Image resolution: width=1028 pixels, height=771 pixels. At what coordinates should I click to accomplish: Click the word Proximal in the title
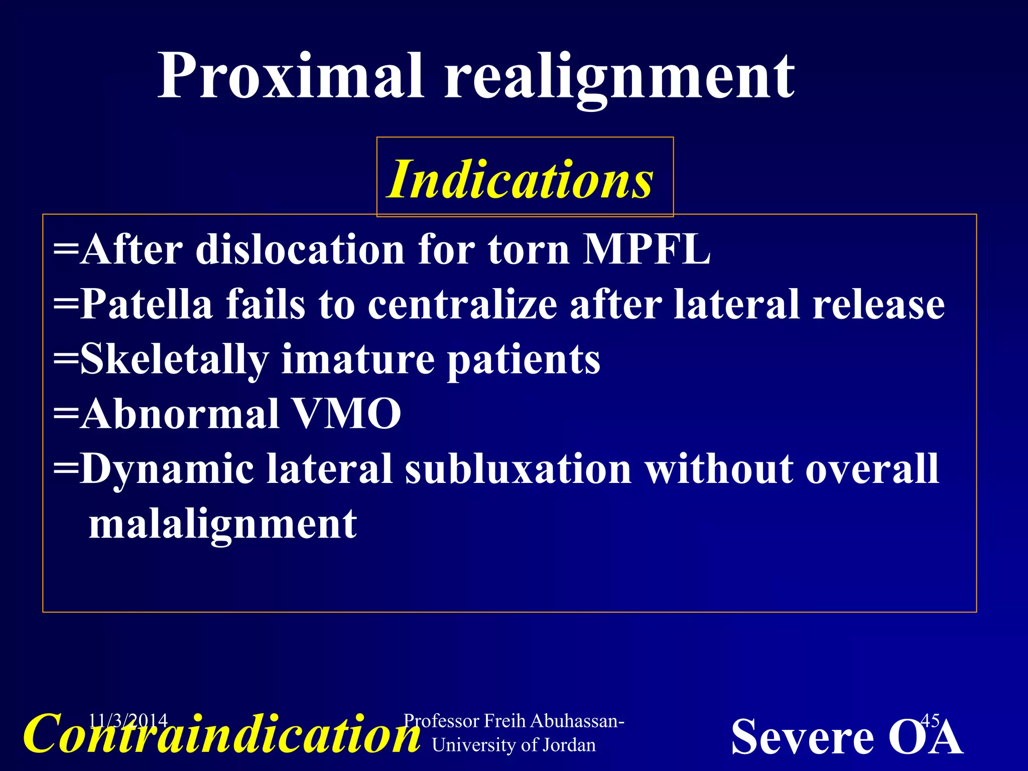tap(291, 76)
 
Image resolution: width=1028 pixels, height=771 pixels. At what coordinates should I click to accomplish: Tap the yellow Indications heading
tap(520, 180)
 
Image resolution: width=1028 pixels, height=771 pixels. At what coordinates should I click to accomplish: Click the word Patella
tap(146, 304)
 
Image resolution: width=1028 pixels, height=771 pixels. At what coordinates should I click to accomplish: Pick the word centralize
tap(462, 304)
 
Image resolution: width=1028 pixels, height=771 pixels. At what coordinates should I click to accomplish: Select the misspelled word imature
tap(357, 359)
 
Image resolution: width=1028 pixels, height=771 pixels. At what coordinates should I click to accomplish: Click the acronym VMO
tap(346, 414)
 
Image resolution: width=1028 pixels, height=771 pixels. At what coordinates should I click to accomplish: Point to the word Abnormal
tap(179, 414)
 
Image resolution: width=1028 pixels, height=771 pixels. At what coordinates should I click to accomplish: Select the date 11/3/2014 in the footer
tap(127, 721)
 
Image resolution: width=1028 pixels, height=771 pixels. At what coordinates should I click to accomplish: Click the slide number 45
tap(930, 721)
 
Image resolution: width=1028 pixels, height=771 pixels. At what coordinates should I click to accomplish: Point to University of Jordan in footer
tap(513, 745)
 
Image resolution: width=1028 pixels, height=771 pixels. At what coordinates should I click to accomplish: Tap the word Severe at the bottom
tap(802, 737)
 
